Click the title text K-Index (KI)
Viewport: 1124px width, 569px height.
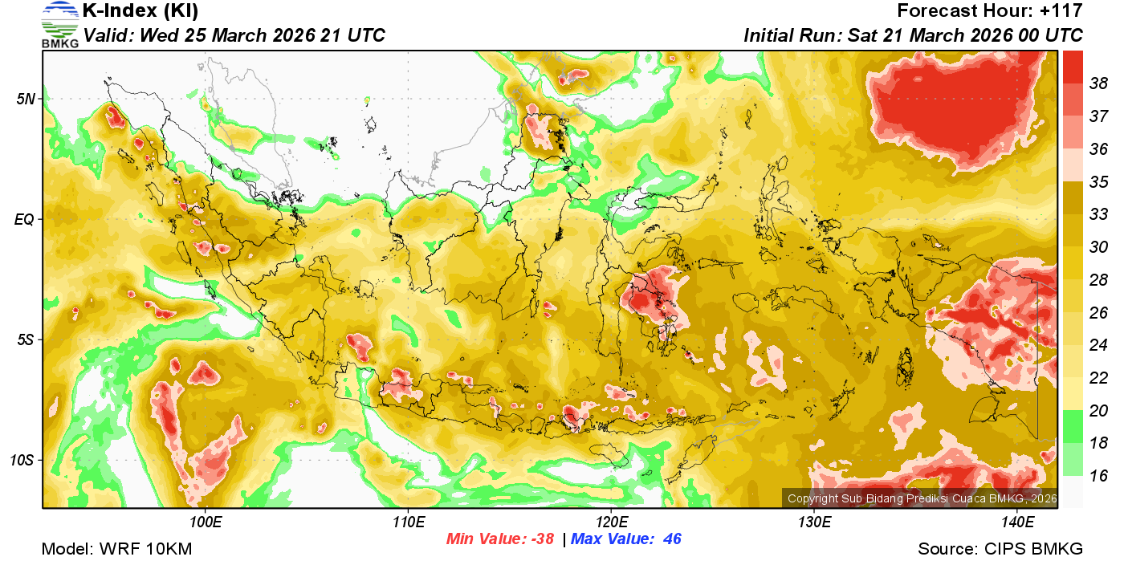tap(140, 11)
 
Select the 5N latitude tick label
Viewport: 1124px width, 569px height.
tap(26, 100)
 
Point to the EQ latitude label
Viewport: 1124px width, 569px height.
tap(26, 219)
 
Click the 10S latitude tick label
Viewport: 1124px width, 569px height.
tap(23, 461)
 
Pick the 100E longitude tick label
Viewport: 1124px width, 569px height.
tap(206, 523)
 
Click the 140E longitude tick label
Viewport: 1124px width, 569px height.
tap(1018, 523)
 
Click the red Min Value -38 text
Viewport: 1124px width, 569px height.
tap(500, 539)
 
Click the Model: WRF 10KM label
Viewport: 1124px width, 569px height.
tap(116, 550)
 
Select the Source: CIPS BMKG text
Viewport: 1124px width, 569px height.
tap(1000, 550)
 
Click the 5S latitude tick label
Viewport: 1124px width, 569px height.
tap(26, 340)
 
